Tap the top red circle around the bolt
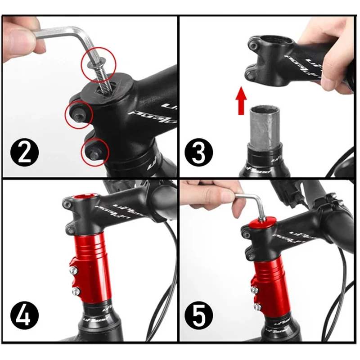click(99, 64)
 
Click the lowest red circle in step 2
click(95, 150)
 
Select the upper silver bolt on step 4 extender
click(72, 270)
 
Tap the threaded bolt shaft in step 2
click(102, 80)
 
